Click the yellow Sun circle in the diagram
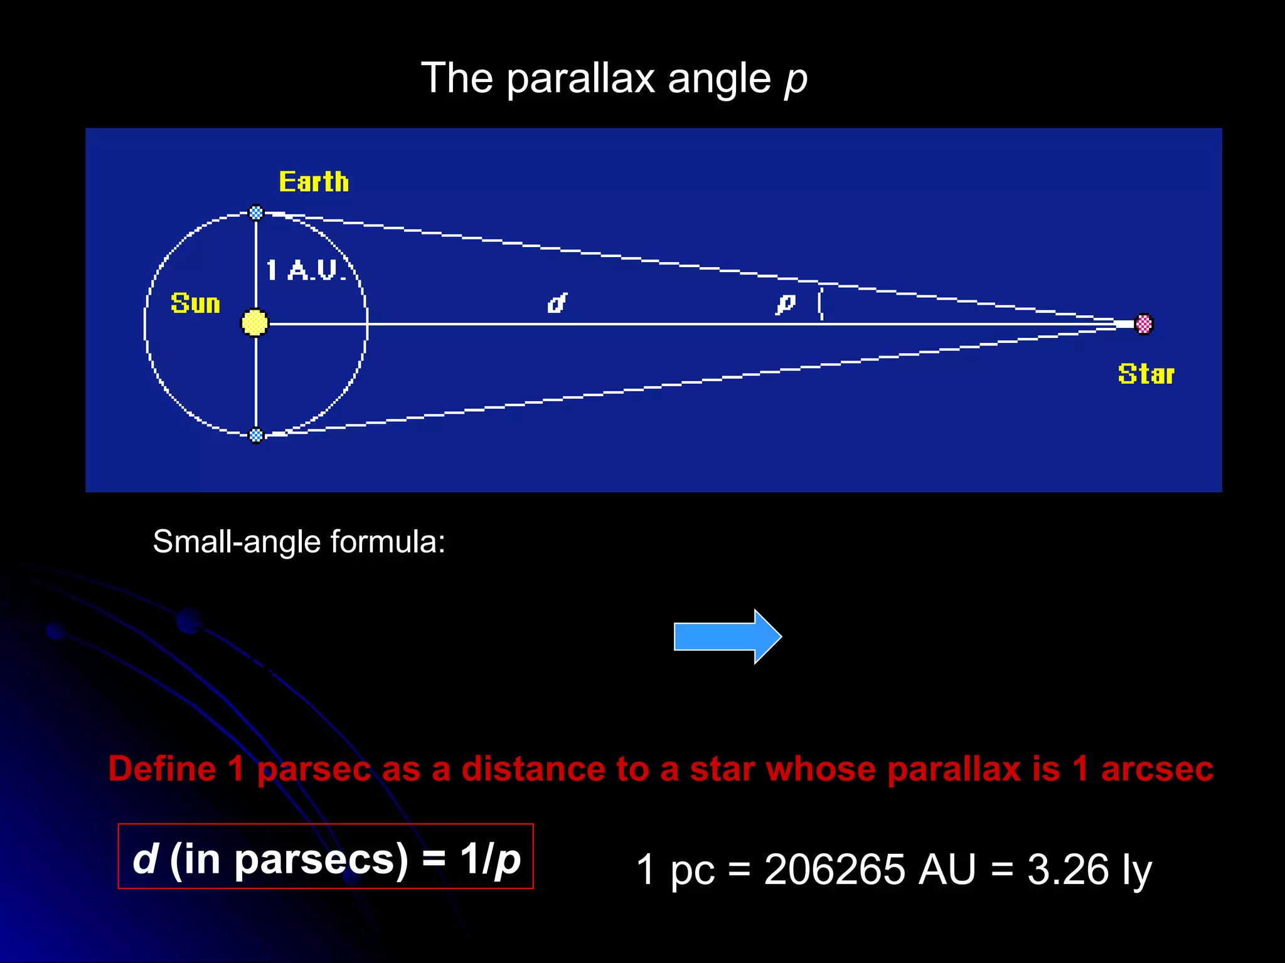255,323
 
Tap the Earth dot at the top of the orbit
256,213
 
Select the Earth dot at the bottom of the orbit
256,434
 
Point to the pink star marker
1144,324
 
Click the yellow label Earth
314,182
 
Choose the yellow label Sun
195,303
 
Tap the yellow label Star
1146,374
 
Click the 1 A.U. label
306,270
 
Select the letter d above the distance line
557,303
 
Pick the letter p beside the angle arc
785,304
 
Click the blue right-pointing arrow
727,636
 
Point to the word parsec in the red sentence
314,770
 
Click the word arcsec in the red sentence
1157,769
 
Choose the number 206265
834,870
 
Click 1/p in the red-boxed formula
490,858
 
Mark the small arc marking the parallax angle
820,303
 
